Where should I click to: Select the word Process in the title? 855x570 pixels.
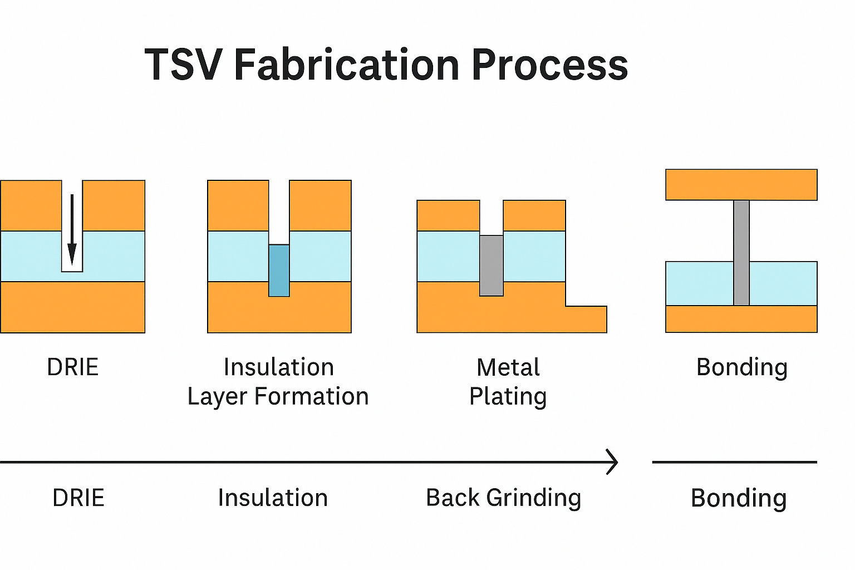coord(549,65)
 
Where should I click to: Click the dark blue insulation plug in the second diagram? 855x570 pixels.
coord(279,271)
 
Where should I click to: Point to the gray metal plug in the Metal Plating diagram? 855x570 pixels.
coord(492,266)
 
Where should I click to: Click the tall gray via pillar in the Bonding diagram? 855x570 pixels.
coord(741,253)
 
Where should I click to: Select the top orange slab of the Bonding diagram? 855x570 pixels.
coord(741,185)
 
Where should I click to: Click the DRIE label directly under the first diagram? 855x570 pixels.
coord(72,367)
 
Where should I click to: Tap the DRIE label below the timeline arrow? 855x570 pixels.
coord(78,498)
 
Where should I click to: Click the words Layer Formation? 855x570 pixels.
coord(278,397)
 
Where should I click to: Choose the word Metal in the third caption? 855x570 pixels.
coord(508,367)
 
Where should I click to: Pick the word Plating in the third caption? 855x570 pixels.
coord(508,397)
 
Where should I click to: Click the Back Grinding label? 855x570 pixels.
coord(503,498)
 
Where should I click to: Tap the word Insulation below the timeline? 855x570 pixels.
coord(273,498)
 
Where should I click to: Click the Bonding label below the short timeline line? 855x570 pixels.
coord(738,498)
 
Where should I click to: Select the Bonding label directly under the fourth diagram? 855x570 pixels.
coord(741,367)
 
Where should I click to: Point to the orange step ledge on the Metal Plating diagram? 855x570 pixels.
coord(586,319)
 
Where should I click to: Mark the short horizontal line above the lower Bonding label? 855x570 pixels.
coord(734,462)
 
